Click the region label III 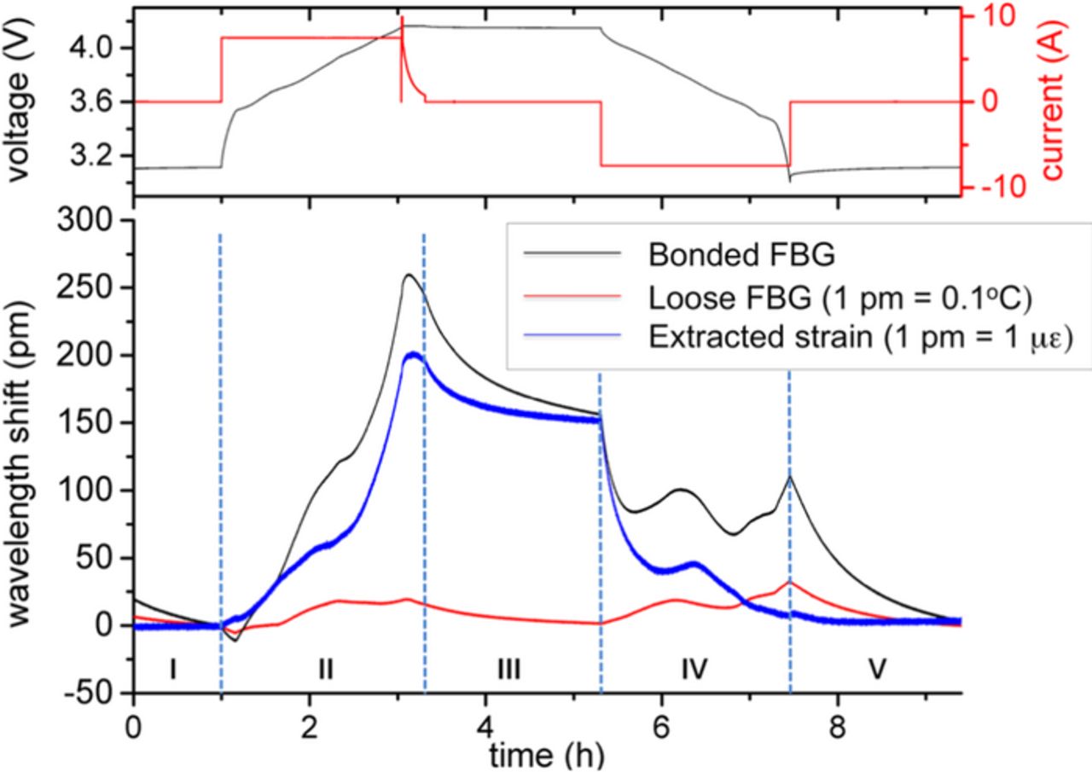[x=508, y=670]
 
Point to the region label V [x=876, y=670]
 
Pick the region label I [x=173, y=670]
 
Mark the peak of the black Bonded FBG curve [x=409, y=275]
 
